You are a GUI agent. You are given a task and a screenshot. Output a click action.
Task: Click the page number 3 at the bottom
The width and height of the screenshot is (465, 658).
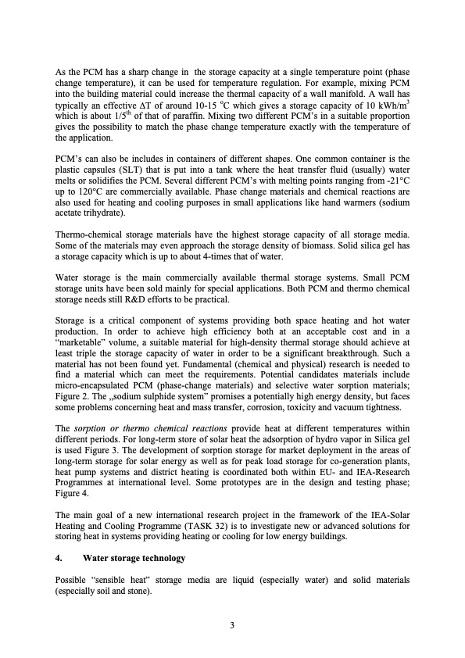click(x=232, y=625)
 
